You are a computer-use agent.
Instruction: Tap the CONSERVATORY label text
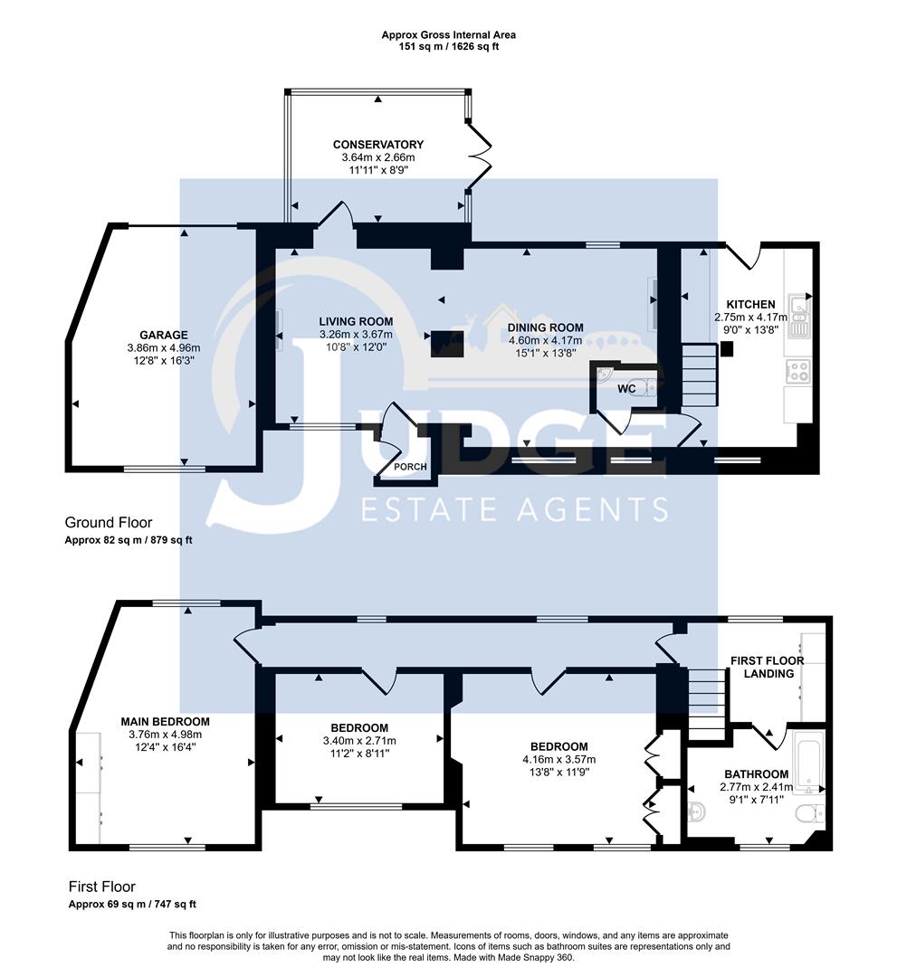tap(377, 145)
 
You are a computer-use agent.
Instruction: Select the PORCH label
tap(401, 467)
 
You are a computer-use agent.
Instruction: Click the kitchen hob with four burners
tap(800, 370)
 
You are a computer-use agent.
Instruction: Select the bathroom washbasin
tap(698, 810)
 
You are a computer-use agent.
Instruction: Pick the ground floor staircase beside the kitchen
tap(698, 375)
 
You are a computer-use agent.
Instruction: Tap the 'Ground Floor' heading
tap(109, 523)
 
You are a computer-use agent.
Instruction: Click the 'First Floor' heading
tap(102, 887)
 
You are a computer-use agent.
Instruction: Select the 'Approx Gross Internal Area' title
tap(448, 35)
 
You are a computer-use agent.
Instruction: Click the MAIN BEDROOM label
tap(165, 722)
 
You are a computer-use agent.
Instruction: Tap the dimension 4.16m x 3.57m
tap(559, 759)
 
